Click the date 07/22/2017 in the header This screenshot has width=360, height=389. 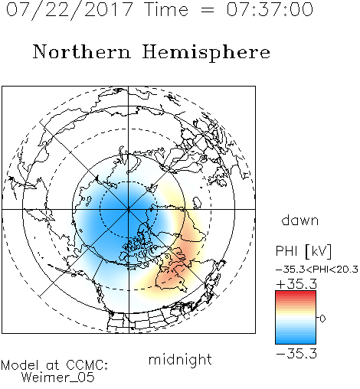coord(70,10)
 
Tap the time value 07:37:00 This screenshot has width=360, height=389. coord(270,10)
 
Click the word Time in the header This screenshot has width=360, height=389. coord(166,10)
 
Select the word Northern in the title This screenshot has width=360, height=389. coord(82,51)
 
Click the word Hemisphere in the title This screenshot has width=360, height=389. coord(206,53)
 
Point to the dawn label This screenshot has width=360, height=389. coord(300,220)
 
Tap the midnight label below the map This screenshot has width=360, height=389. coord(180,359)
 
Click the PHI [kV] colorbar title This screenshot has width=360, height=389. coord(303,251)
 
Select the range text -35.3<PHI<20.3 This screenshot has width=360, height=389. coord(317,270)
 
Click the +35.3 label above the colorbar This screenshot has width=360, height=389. coord(296,284)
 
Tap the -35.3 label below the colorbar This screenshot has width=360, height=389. coord(296,354)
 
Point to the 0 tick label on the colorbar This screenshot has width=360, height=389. coord(322,319)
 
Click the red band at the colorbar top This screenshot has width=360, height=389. coord(296,293)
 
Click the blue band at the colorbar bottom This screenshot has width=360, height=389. coord(296,341)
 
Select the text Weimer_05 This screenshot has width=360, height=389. coord(57,378)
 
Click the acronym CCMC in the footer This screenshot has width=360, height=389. coord(87,365)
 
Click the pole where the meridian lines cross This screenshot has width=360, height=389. coord(129,209)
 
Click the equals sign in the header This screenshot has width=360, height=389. coord(208,10)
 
